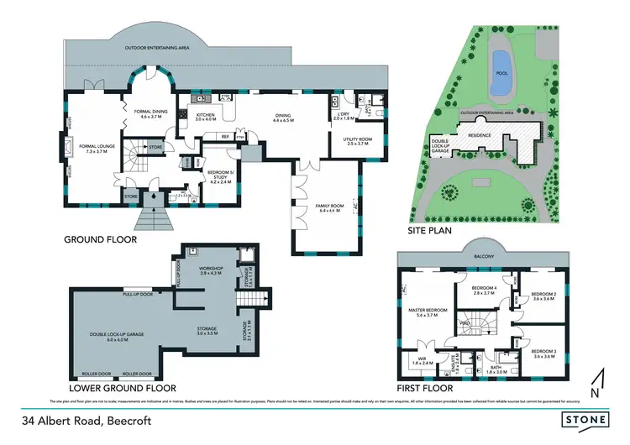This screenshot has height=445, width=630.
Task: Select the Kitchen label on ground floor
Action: tap(206, 117)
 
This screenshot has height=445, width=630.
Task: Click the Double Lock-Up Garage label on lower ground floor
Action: tap(118, 336)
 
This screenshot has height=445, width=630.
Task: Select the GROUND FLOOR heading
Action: tap(100, 239)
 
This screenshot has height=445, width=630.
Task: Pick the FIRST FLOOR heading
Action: tap(424, 389)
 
